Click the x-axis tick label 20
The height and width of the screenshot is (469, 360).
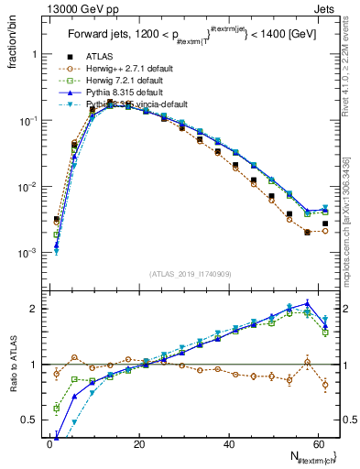(139, 443)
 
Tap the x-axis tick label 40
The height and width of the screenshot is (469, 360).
(229, 443)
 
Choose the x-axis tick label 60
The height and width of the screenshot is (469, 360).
(318, 443)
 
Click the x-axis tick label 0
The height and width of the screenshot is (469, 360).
(49, 443)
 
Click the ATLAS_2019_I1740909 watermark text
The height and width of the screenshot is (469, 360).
(190, 273)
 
